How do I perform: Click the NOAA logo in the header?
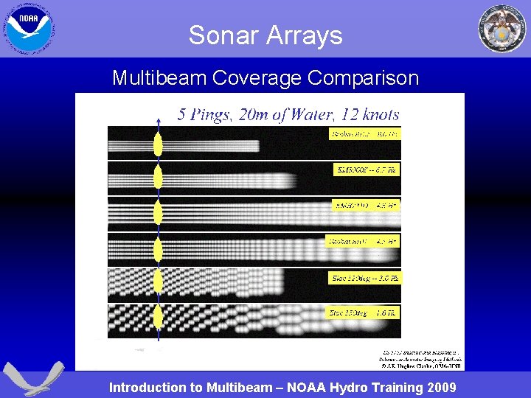(29, 28)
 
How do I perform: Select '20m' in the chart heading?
(258, 114)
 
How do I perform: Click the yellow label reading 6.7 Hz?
(367, 170)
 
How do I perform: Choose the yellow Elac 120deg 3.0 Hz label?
(364, 278)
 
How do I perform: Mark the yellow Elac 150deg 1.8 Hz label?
(364, 313)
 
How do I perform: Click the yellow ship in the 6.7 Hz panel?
(158, 177)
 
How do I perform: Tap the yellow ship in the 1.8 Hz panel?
(158, 319)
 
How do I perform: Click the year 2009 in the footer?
(440, 388)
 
